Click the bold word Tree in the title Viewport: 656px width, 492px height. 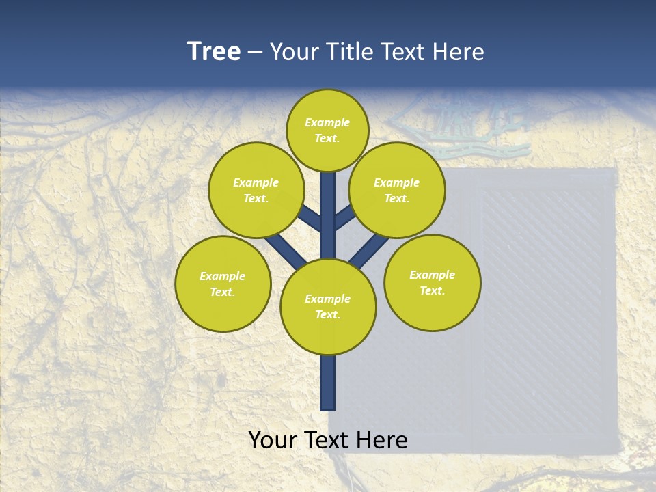(x=214, y=52)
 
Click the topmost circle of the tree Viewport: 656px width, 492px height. (x=327, y=130)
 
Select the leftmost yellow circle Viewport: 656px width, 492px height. (x=223, y=284)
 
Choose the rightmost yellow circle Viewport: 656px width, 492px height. (x=433, y=283)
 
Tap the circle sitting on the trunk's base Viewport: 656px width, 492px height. (x=328, y=307)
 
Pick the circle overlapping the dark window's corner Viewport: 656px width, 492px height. (x=397, y=190)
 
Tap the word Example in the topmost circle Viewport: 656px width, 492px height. (x=327, y=122)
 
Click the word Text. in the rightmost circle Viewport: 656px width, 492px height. (x=433, y=290)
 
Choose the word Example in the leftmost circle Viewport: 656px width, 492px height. (x=223, y=276)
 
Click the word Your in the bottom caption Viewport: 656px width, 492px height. (x=273, y=440)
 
